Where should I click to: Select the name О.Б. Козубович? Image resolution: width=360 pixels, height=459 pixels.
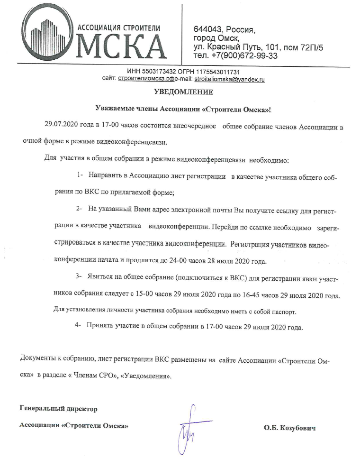tap(289, 428)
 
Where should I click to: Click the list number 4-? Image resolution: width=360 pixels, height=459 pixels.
tap(79, 327)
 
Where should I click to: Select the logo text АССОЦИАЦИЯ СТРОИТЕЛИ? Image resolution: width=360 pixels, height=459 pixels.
tap(118, 28)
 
